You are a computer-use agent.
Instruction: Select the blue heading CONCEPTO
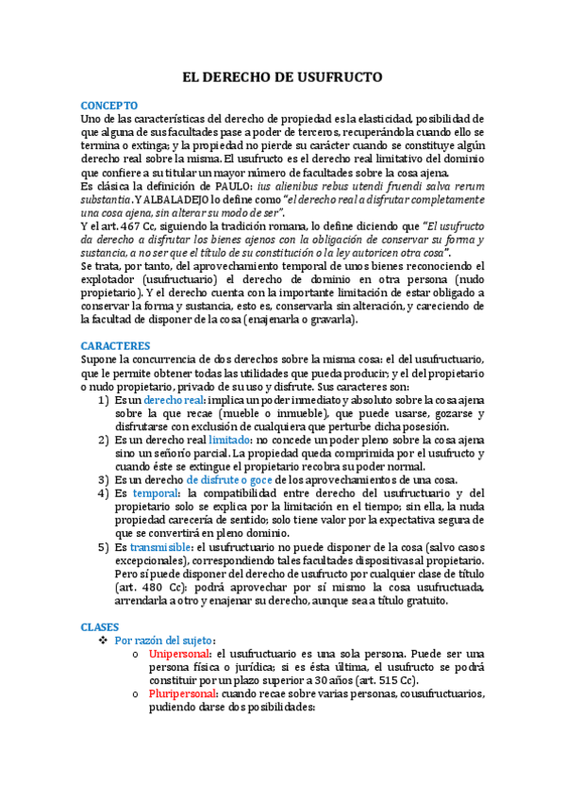pyautogui.click(x=109, y=105)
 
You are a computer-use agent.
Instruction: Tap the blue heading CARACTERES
pyautogui.click(x=115, y=346)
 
